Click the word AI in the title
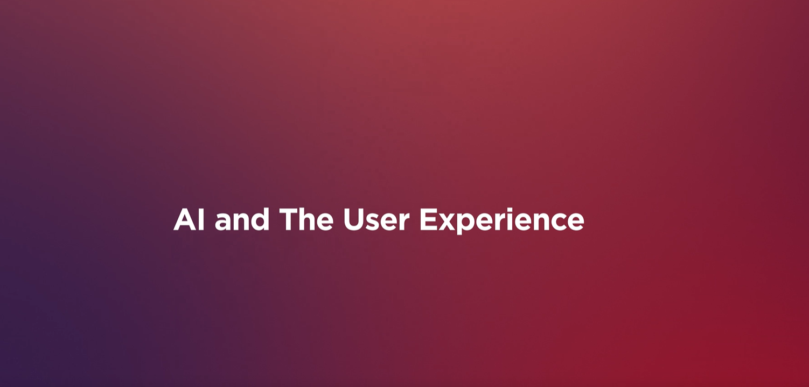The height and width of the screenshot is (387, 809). point(189,219)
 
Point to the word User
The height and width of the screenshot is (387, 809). point(376,219)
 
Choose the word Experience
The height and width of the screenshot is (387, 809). point(502,221)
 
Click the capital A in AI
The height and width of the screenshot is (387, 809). point(185,219)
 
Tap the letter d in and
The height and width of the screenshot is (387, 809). point(259,219)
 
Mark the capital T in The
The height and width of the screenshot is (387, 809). point(289,219)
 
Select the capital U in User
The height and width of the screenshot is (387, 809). point(353,220)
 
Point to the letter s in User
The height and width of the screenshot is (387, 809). point(374,222)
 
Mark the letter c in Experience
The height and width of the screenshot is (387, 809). point(555,222)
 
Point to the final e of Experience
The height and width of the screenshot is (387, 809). point(575,222)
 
